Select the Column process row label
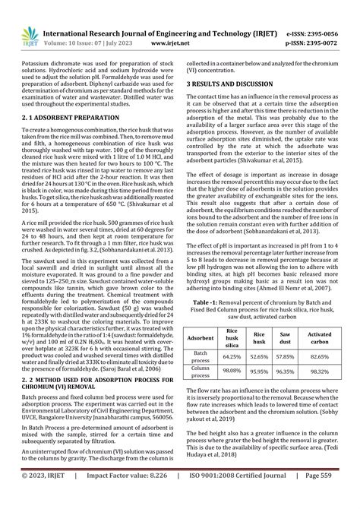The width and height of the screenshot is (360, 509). tap(201, 371)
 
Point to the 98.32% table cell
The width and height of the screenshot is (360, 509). tap(320, 371)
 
